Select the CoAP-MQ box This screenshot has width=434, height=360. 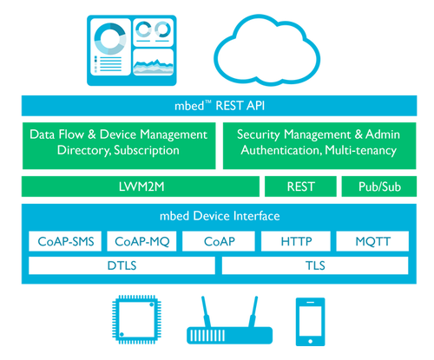click(140, 240)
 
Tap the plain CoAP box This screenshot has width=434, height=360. click(217, 240)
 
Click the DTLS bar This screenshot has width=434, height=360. click(121, 265)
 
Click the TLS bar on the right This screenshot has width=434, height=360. click(313, 265)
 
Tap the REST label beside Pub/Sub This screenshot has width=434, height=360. click(301, 187)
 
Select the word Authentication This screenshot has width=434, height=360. click(278, 150)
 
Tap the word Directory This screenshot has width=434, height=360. click(84, 150)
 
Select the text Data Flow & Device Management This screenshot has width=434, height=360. click(119, 134)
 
